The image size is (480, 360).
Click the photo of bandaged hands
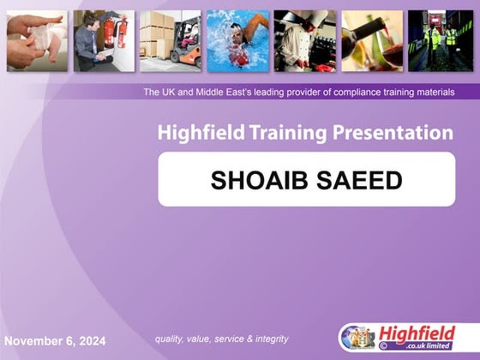click(37, 40)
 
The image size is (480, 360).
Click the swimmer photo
click(237, 40)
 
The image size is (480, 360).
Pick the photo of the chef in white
click(304, 40)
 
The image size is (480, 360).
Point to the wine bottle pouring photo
click(372, 40)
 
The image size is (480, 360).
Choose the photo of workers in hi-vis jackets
click(440, 40)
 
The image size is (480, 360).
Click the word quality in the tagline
click(169, 339)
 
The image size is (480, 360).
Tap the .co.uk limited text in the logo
click(420, 347)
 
